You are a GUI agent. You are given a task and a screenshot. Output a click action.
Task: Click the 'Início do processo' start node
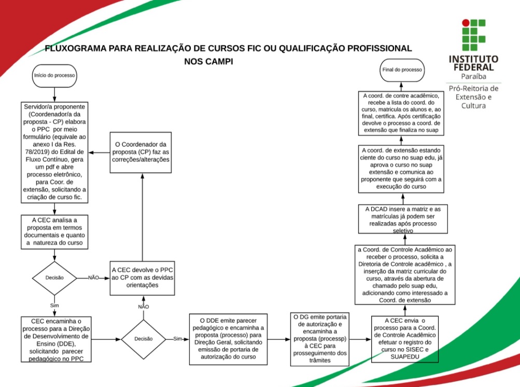54,75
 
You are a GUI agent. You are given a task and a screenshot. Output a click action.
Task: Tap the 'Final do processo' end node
402,69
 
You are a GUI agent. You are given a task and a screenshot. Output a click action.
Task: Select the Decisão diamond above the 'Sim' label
54,277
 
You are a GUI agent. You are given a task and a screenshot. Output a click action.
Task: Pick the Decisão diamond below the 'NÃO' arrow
143,338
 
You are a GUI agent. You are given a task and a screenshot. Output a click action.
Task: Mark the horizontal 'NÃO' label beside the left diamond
93,278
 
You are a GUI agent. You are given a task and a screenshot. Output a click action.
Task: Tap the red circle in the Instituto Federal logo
466,23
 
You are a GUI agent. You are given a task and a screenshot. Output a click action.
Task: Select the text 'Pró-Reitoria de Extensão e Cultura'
473,97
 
